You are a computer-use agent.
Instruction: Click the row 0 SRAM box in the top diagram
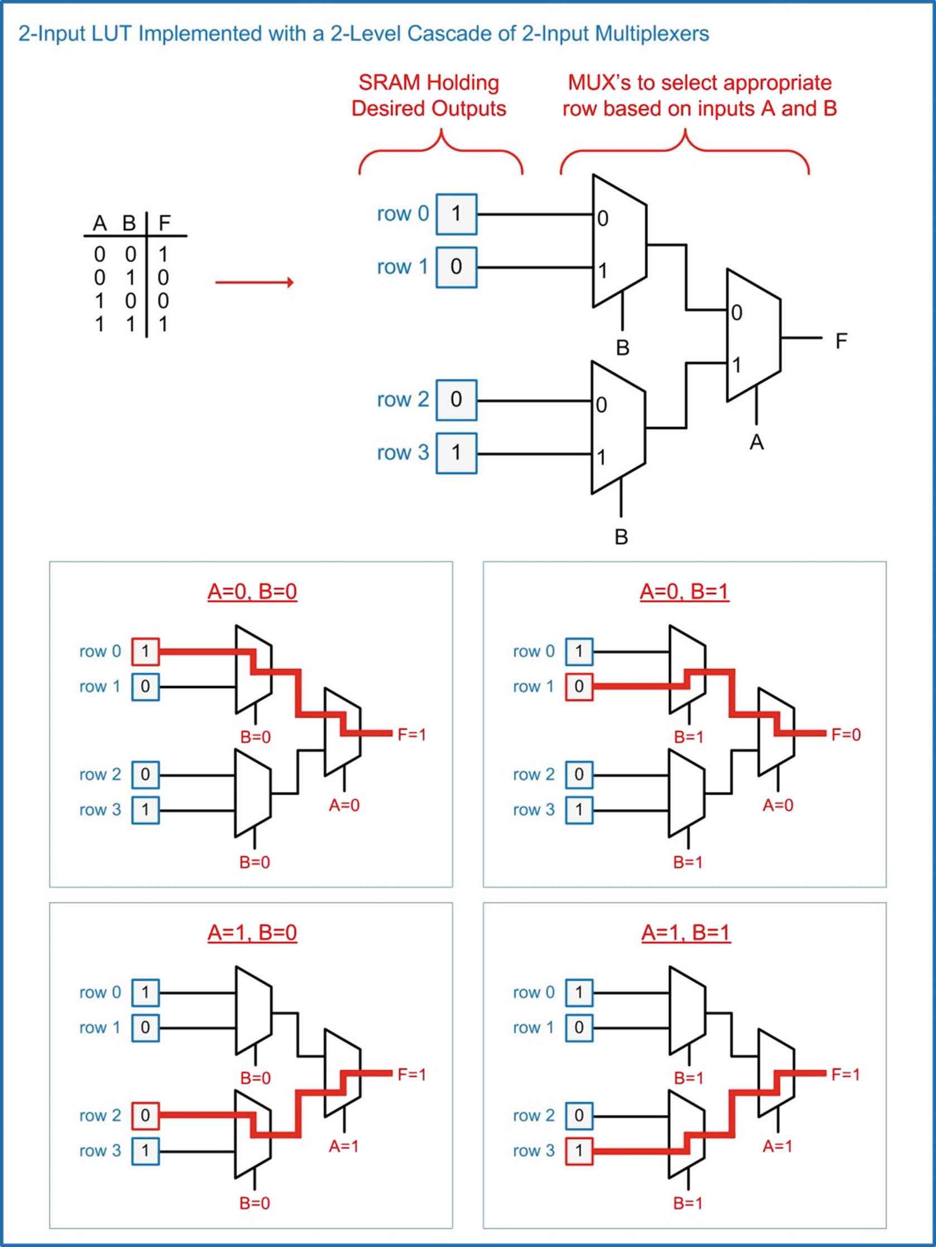(x=457, y=214)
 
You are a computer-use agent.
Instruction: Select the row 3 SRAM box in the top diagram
(x=457, y=453)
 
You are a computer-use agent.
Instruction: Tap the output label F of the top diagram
(x=841, y=341)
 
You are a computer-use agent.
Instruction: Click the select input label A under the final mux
(x=756, y=442)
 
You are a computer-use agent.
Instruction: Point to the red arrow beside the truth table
(x=254, y=282)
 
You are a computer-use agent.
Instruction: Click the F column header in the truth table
(x=164, y=223)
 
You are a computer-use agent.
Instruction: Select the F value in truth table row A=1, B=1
(x=163, y=324)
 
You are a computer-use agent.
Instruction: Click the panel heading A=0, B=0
(x=252, y=591)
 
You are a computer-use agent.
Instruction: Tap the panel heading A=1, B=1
(x=685, y=933)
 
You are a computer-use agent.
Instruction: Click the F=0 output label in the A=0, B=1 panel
(x=845, y=734)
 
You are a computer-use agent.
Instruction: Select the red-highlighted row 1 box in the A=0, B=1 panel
(x=579, y=687)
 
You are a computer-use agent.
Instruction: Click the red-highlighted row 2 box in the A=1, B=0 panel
(x=145, y=1115)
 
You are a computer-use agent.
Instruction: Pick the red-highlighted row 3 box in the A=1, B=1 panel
(x=579, y=1150)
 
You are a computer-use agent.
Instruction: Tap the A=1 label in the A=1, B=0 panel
(x=343, y=1146)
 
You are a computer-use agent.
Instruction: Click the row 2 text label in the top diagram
(x=402, y=400)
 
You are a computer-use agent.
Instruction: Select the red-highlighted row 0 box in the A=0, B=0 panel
(x=145, y=652)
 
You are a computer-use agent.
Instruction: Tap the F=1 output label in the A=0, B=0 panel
(x=411, y=734)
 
